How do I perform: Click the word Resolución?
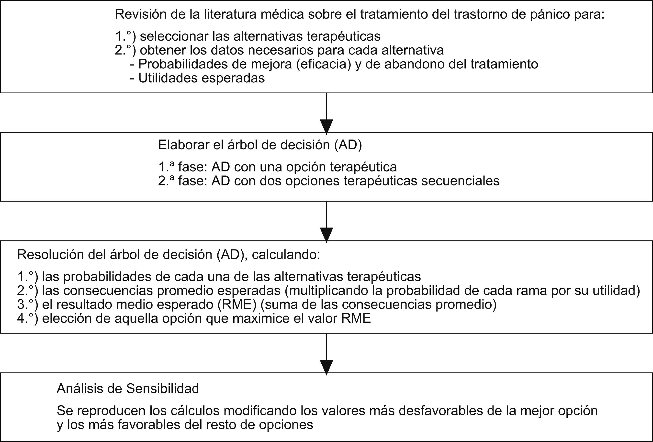[50, 255]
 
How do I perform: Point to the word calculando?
[286, 255]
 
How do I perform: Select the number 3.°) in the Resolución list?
[27, 304]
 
